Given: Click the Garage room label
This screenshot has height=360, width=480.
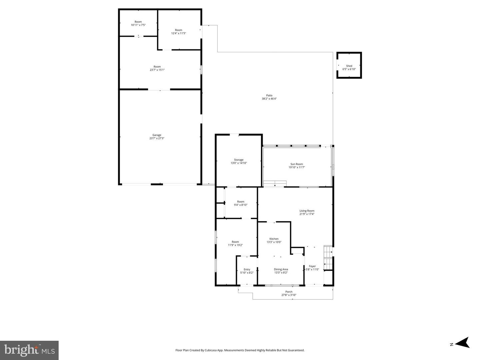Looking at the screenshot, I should click(157, 135).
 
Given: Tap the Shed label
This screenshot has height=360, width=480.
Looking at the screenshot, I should click(349, 66).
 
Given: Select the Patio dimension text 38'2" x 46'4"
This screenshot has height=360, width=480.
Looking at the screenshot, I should click(269, 99).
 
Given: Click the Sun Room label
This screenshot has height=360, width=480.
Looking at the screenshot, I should click(297, 164).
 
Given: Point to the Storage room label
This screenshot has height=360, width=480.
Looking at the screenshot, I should click(239, 160).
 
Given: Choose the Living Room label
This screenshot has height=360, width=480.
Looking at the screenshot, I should click(307, 211).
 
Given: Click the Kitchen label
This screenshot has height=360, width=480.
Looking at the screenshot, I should click(274, 239).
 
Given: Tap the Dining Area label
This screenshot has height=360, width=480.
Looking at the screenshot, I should click(281, 269).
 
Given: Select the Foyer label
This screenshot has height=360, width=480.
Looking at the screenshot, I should click(312, 266).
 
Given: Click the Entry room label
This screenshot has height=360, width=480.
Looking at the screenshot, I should click(247, 269).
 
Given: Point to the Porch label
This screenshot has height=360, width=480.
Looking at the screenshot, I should click(289, 292).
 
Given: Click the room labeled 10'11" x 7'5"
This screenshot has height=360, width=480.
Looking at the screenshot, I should click(138, 25).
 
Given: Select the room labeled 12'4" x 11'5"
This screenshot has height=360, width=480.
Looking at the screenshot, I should click(179, 33).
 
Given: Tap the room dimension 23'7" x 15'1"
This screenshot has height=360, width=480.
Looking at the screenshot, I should click(157, 70).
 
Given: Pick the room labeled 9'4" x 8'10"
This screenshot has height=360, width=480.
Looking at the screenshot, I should click(241, 205).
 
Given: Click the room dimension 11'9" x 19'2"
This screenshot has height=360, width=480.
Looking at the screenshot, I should click(235, 245).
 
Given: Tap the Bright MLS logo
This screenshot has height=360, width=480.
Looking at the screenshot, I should click(29, 350).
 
